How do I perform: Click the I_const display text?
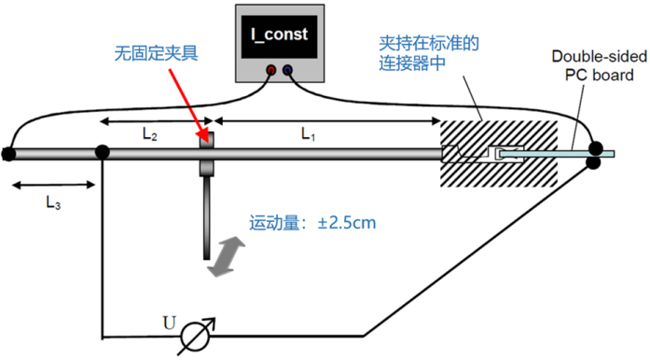279,35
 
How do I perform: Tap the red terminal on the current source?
270,70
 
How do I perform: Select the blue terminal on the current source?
287,70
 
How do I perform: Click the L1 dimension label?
308,134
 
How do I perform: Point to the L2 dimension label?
149,134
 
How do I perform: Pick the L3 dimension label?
53,202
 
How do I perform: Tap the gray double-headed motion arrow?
226,256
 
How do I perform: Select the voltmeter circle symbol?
196,336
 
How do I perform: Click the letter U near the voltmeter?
169,323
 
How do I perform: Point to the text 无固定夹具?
157,53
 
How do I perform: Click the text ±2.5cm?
347,223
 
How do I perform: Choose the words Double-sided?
599,56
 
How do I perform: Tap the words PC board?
600,75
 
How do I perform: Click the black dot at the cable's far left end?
8,154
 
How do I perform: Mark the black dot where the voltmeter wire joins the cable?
102,152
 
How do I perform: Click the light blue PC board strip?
557,154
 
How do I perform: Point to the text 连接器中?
412,62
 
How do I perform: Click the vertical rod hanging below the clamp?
206,217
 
